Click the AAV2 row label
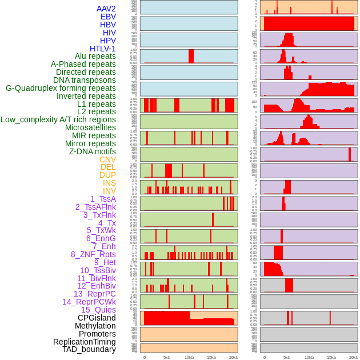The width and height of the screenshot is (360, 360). point(106,9)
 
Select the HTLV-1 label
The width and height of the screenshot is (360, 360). point(102,49)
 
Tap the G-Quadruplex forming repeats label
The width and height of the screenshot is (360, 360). point(61,88)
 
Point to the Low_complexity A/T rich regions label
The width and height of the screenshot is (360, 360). point(58,119)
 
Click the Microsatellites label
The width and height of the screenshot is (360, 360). point(90,127)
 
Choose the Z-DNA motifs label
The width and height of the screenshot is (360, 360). point(92,151)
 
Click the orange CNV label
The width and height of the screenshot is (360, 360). point(107,159)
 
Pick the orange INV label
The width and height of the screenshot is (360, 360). point(109,191)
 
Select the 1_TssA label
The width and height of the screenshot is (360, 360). point(103,199)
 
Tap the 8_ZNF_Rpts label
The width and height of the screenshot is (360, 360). point(93,254)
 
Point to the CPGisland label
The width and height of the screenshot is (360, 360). point(97,318)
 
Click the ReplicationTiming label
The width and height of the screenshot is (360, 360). point(85,342)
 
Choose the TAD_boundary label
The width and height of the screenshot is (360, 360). point(89,349)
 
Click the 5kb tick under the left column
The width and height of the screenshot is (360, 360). point(167,357)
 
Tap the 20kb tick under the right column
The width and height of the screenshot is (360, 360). point(354,357)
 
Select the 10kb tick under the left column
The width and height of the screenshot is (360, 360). point(189,357)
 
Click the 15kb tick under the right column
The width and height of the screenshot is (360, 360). point(331,357)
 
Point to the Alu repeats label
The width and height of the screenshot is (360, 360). point(95,56)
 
